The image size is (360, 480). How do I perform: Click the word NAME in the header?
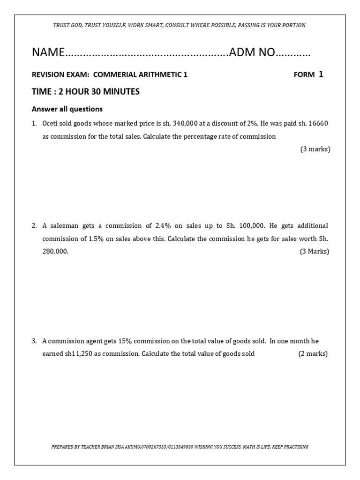coord(47,52)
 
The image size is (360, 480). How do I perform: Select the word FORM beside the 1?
coord(304,75)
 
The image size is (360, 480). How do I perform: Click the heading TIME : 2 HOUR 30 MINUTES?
coord(85,91)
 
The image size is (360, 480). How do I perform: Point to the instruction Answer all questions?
coord(67,109)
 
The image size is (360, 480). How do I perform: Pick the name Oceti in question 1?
coord(51,124)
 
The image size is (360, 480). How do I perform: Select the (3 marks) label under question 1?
coord(315,149)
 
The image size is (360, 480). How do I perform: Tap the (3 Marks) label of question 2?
coord(315,251)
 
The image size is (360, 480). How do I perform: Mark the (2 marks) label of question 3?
coord(313,353)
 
